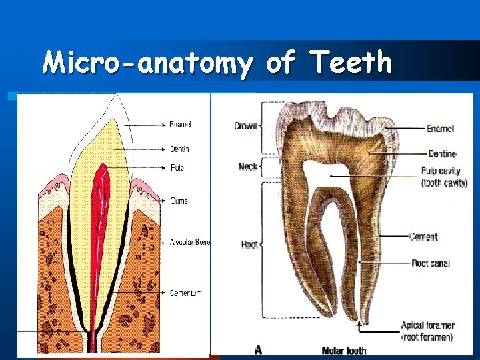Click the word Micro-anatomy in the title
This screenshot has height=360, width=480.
(147, 63)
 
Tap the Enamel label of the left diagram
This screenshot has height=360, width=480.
(180, 125)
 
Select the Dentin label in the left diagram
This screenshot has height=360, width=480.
(179, 149)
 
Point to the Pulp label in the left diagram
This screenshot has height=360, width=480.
(177, 168)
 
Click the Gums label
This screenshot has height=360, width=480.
(179, 201)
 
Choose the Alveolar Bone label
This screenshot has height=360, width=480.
(189, 242)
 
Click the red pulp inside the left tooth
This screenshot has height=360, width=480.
(101, 200)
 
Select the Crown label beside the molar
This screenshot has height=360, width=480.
(245, 126)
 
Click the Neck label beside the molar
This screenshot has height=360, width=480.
(247, 166)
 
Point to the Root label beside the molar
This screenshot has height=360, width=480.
(249, 245)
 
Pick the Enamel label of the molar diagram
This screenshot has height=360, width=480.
(441, 128)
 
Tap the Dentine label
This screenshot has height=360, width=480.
(442, 154)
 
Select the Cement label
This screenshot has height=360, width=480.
(423, 237)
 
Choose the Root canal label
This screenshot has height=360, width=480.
(430, 263)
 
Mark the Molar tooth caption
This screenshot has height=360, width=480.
(343, 351)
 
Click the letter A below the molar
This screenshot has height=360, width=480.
(257, 349)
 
